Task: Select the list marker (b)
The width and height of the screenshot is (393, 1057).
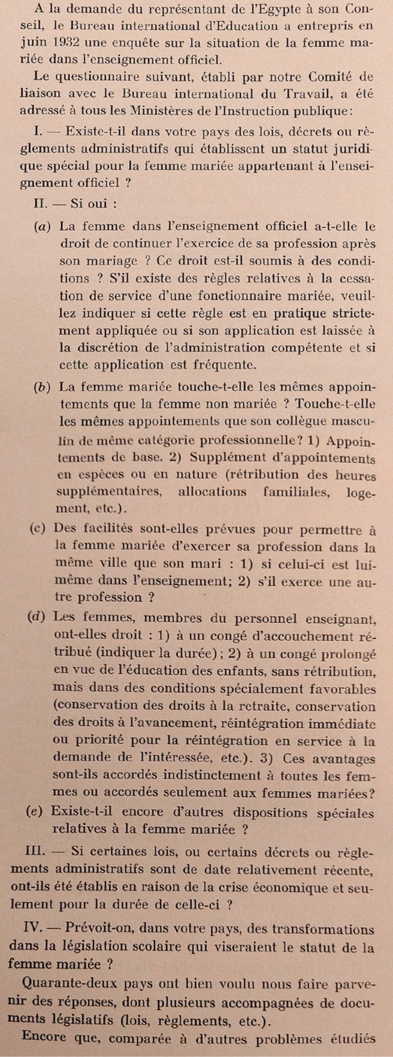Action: click(x=42, y=387)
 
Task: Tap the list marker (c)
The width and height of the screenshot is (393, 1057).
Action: click(x=37, y=529)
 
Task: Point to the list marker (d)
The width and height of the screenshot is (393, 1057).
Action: click(x=36, y=617)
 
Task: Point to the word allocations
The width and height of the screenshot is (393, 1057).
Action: click(x=212, y=492)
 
